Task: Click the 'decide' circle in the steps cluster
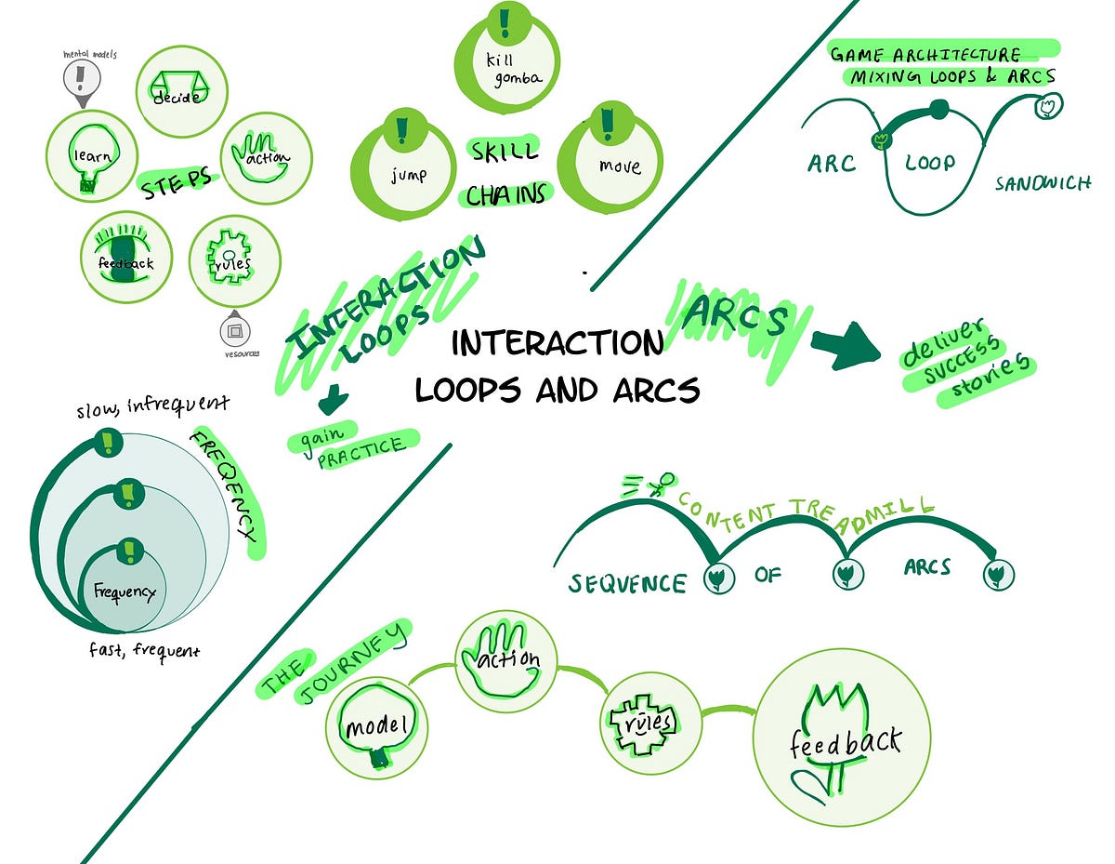pyautogui.click(x=182, y=90)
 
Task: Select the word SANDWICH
pyautogui.click(x=1043, y=183)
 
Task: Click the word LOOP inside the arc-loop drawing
pyautogui.click(x=929, y=163)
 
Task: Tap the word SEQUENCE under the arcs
pyautogui.click(x=627, y=583)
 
